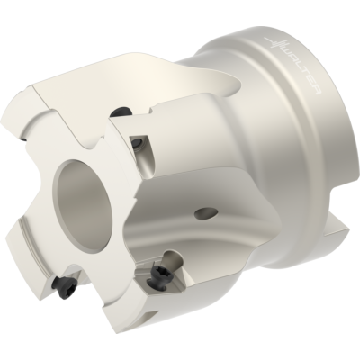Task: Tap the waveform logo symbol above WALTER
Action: pyautogui.click(x=274, y=44)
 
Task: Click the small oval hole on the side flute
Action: pyautogui.click(x=206, y=213)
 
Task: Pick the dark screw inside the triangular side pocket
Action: pyautogui.click(x=138, y=141)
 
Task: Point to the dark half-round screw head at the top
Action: pyautogui.click(x=121, y=112)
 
